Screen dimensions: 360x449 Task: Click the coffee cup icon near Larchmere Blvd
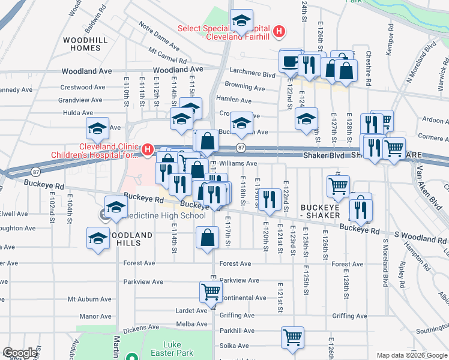click(x=291, y=61)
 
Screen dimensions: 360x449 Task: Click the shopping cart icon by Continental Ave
click(x=211, y=292)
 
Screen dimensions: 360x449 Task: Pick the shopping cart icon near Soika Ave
click(x=292, y=337)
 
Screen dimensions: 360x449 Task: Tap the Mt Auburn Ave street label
click(x=89, y=299)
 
